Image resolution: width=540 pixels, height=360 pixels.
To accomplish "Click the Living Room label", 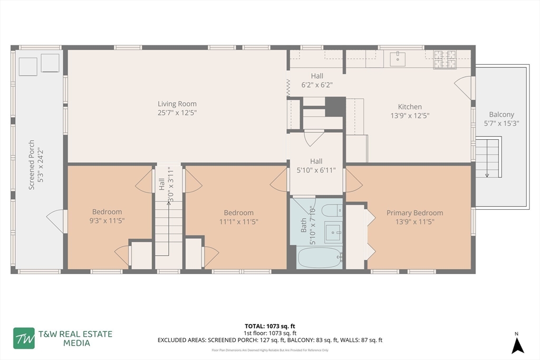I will coord(177,104).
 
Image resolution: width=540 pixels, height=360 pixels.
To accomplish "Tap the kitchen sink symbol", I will coord(398,59).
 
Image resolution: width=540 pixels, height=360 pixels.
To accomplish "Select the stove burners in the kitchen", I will coord(444,59).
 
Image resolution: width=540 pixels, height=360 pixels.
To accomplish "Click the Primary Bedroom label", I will coord(414,213).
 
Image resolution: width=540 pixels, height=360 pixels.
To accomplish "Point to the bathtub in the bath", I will coord(320,258).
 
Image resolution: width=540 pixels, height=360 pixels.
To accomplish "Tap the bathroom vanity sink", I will coord(333,231).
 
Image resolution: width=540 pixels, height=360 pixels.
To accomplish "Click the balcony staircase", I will coord(487,157).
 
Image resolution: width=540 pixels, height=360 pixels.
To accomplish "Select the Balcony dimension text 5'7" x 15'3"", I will coord(501,124).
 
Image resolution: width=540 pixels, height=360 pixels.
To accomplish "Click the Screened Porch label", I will coord(32,164).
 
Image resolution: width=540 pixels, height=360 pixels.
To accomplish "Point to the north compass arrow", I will coord(518,345).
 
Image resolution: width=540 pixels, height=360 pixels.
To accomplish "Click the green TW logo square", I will coord(24,338).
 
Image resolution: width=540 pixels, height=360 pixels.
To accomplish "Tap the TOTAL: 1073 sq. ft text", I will coord(269,326).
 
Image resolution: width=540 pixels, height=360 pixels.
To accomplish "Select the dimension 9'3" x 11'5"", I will coord(107,221).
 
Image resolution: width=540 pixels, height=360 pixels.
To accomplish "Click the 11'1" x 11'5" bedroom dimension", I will coord(238,221).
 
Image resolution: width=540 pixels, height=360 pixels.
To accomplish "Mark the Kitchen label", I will coord(410,106).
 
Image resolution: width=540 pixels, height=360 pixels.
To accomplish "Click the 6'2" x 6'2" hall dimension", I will coord(316,84).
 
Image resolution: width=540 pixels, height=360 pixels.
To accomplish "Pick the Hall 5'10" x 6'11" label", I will coord(316,166).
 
